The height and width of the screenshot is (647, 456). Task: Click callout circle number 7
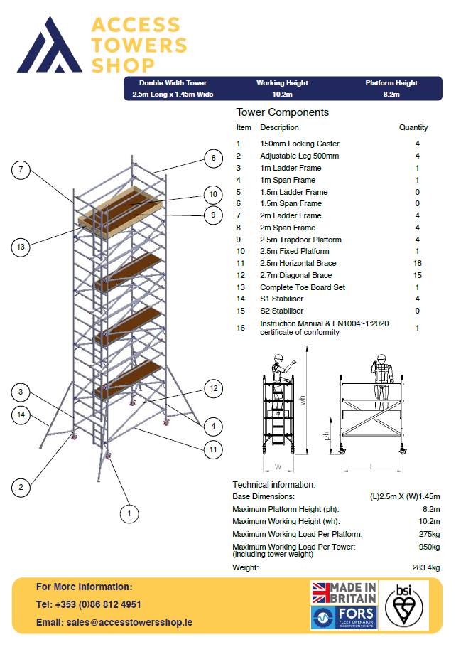21,170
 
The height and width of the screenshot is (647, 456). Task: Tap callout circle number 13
21,247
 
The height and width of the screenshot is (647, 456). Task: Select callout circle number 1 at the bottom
129,511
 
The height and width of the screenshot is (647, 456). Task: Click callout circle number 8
212,158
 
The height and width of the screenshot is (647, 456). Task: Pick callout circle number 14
21,415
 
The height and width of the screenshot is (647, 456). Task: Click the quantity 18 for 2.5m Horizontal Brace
417,263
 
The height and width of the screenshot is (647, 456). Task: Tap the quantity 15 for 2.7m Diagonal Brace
417,275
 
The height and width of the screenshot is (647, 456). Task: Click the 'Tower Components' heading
282,112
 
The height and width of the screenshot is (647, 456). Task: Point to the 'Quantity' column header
413,128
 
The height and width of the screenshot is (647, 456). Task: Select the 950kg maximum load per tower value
429,547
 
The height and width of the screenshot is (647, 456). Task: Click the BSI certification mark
403,604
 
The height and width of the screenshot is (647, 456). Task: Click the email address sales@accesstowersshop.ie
114,622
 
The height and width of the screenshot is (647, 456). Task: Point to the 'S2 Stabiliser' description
281,311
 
